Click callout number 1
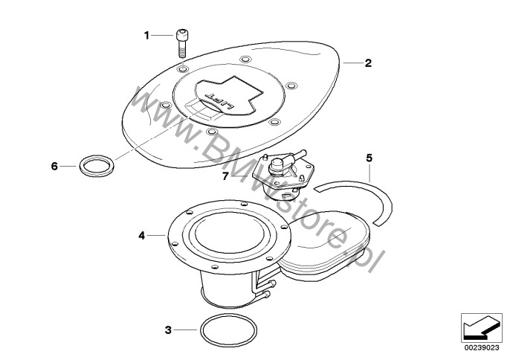pos(146,35)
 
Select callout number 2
pos(368,62)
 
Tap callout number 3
pos(168,330)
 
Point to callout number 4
pos(141,235)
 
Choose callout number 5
pos(369,158)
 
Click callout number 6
pos(54,167)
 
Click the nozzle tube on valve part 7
pos(297,155)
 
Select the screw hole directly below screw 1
pos(183,69)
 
